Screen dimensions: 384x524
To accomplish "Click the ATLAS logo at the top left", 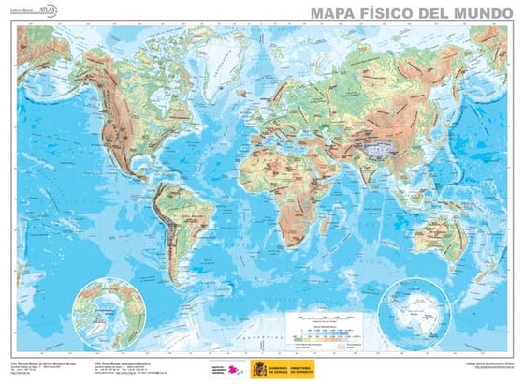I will (x=47, y=10).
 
